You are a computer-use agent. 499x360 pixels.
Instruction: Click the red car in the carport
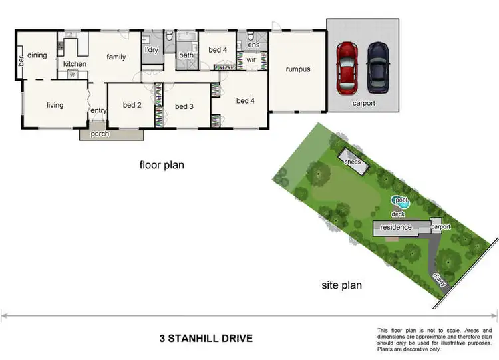347,67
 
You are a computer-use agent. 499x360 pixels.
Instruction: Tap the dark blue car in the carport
378,67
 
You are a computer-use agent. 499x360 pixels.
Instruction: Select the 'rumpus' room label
297,69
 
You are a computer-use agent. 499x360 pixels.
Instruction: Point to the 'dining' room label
37,55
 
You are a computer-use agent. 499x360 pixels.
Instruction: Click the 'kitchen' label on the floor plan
75,64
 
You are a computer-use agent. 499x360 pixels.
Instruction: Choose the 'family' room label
116,57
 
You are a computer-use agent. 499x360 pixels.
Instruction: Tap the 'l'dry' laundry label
152,49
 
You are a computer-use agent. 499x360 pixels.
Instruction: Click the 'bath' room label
186,55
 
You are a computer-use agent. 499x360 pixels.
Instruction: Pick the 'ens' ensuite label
253,45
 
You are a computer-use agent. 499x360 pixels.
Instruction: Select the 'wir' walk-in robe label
251,60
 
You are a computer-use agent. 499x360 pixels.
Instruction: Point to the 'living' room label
55,105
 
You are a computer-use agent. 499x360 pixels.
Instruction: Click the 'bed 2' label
132,105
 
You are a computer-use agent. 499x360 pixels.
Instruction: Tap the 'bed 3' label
184,106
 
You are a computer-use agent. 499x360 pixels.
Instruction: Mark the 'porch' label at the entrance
100,134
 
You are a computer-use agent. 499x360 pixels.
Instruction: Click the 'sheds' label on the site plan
352,162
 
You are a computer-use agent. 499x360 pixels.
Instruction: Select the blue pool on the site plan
401,200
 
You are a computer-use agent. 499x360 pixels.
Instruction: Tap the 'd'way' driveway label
439,278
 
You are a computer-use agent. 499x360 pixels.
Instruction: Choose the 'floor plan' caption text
161,164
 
